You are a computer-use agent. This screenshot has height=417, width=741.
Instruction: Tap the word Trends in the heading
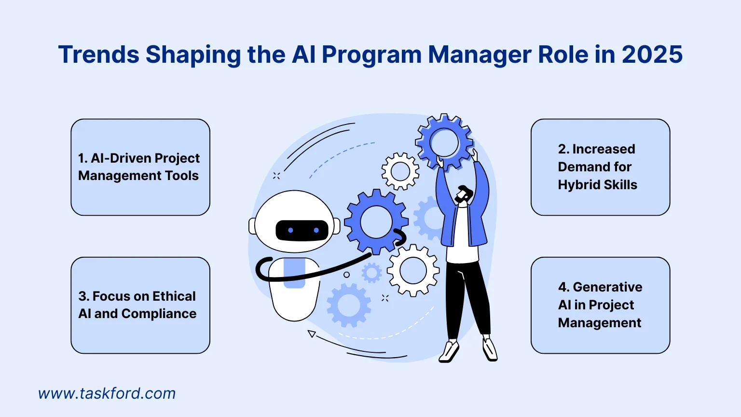point(99,55)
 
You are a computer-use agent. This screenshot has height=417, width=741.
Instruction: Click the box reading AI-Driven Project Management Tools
point(140,167)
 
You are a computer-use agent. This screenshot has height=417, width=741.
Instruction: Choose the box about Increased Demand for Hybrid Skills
point(600,167)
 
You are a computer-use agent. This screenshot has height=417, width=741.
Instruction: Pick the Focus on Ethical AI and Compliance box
point(140,305)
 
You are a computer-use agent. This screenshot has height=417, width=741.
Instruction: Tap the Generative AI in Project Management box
point(600,305)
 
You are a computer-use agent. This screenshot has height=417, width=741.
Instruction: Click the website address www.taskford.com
point(107,393)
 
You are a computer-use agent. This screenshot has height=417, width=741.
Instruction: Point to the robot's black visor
point(302,231)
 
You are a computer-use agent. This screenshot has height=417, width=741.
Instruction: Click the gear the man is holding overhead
point(444,142)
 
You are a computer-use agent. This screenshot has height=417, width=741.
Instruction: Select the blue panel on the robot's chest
point(294,273)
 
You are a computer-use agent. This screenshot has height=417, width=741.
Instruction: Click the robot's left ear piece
point(252,226)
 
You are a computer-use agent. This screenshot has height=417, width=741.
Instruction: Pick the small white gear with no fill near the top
point(400,171)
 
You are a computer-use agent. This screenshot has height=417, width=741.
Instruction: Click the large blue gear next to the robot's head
point(376,222)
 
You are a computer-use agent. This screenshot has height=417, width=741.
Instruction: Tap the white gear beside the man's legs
point(413,270)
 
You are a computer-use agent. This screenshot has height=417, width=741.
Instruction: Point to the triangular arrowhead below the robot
point(312,334)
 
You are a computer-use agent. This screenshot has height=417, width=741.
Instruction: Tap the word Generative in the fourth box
point(607,287)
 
